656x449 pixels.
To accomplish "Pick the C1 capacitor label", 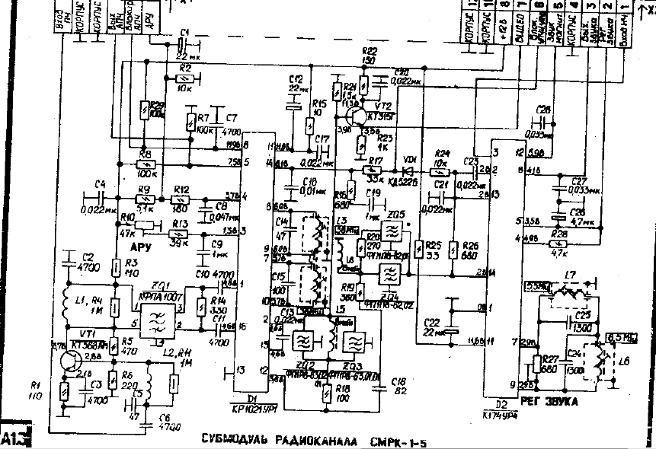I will [x=183, y=32].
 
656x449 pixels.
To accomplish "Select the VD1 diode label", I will [x=409, y=158].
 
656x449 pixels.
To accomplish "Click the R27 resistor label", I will [x=552, y=352].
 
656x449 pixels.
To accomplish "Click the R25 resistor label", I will [x=434, y=245].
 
